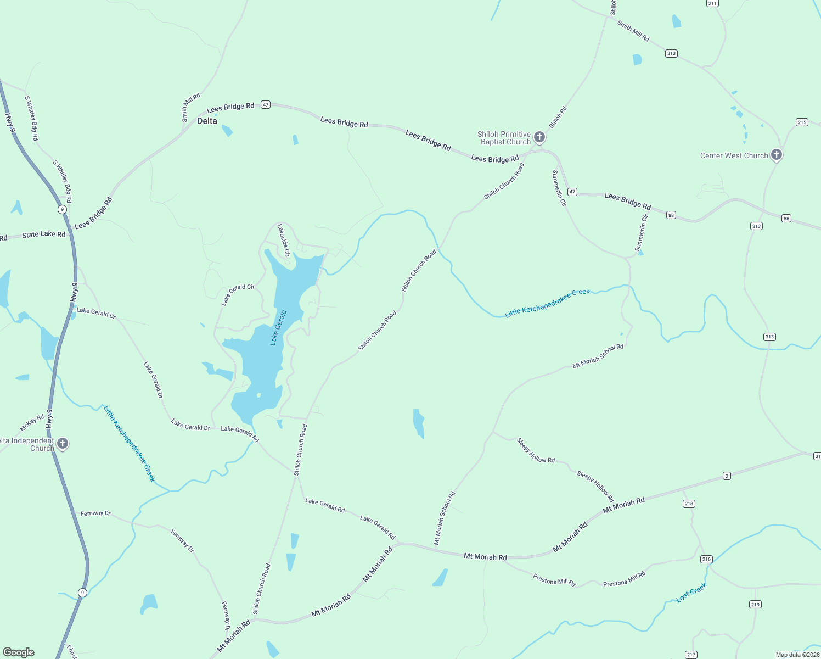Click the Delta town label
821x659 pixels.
[x=207, y=121]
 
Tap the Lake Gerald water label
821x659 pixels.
[x=278, y=328]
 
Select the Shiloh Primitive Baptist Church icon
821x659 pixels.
[x=539, y=137]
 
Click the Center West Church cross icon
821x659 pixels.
[x=776, y=154]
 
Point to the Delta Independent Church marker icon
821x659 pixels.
[x=63, y=443]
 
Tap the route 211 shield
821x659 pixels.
[x=712, y=3]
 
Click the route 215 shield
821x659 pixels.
[x=802, y=122]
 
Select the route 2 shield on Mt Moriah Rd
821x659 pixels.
[x=727, y=476]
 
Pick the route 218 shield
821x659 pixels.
[x=689, y=504]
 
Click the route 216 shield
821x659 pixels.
[x=706, y=559]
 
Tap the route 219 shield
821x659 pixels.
[x=755, y=604]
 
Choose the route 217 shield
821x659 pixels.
[x=691, y=654]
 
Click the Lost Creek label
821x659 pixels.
[x=691, y=593]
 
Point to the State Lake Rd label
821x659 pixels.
[x=43, y=234]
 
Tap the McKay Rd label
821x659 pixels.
[x=32, y=423]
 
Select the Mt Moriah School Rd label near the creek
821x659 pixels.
[x=598, y=356]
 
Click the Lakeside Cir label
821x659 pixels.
[x=283, y=240]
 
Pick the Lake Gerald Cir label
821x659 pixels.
[x=238, y=295]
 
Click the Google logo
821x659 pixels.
[x=19, y=652]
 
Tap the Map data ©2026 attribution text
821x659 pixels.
[x=797, y=655]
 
